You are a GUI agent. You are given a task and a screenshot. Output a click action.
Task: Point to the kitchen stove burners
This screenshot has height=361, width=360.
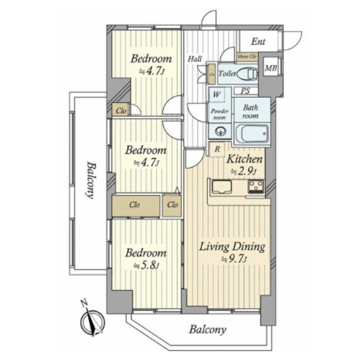click(x=255, y=186)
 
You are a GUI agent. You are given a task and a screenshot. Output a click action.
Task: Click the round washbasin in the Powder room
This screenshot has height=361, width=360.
click(x=220, y=130)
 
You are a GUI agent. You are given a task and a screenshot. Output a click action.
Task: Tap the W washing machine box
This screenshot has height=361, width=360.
click(x=217, y=95)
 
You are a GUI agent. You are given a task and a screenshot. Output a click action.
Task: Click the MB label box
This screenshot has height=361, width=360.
click(x=269, y=67)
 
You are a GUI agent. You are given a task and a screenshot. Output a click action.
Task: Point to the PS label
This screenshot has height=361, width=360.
click(x=246, y=91)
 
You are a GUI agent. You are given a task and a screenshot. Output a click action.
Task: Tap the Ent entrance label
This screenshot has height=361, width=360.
click(x=258, y=41)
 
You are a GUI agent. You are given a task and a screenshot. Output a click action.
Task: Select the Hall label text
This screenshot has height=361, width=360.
click(x=194, y=59)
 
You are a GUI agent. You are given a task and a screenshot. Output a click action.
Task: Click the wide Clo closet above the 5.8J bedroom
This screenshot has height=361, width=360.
click(x=135, y=205)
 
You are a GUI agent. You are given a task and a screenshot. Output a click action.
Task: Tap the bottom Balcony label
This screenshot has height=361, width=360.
click(x=207, y=330)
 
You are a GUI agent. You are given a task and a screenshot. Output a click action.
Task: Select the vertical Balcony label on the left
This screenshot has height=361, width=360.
click(x=91, y=180)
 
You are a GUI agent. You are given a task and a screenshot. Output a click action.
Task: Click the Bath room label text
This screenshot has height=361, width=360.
click(x=251, y=112)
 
